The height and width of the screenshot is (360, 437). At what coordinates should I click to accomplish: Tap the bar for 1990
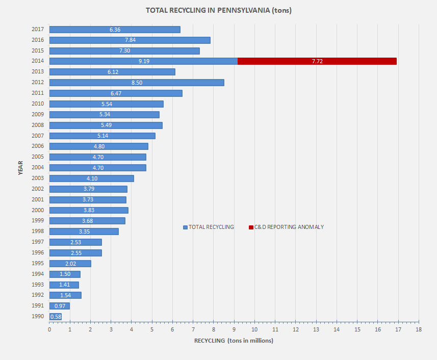coord(55,317)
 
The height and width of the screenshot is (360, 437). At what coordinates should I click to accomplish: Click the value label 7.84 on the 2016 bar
coord(130,40)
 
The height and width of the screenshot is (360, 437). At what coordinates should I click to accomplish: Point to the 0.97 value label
coord(60,306)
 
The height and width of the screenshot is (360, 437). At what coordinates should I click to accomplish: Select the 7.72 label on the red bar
coord(317,61)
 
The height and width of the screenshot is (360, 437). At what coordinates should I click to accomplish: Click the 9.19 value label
coord(144,61)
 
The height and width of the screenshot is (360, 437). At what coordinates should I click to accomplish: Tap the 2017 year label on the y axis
coord(37,29)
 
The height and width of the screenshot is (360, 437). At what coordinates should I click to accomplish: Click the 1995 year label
coord(37,264)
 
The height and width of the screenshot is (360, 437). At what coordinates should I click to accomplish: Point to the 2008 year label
coord(37,125)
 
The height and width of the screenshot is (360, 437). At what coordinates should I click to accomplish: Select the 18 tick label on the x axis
coord(418,330)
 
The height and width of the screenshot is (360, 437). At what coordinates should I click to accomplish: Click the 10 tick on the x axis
coord(254,330)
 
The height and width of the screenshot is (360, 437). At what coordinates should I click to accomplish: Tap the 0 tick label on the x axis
coord(49,330)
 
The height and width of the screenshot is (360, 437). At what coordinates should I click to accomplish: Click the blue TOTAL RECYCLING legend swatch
coord(185,227)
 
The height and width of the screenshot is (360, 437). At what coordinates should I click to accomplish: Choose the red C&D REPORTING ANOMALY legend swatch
coord(251,227)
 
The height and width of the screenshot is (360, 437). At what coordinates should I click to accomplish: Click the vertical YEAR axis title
coord(20,168)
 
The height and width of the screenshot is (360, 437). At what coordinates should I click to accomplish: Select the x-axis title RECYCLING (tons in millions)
coord(234,341)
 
